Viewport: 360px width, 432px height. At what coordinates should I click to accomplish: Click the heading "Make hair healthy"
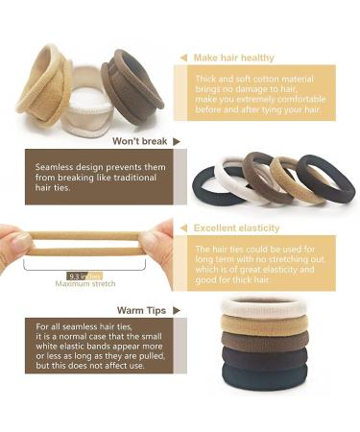coord(236,58)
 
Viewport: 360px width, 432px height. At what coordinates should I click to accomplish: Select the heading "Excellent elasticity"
coord(236,228)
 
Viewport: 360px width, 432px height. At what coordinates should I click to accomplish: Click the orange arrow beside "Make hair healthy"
coord(182,58)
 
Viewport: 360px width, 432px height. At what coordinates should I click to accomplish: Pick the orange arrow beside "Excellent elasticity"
coord(182,228)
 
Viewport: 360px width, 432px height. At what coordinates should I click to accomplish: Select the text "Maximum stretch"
coord(77,284)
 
